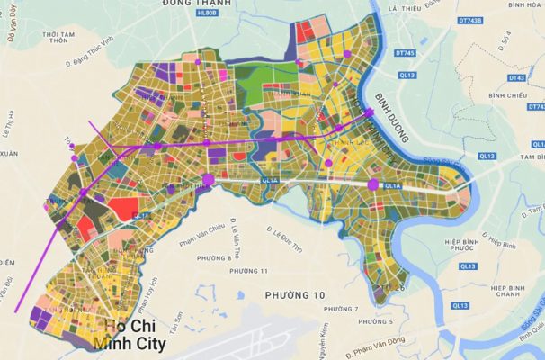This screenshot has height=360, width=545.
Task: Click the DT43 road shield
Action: tap(516, 78)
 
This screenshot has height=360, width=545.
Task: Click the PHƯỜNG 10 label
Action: tap(295, 295)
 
